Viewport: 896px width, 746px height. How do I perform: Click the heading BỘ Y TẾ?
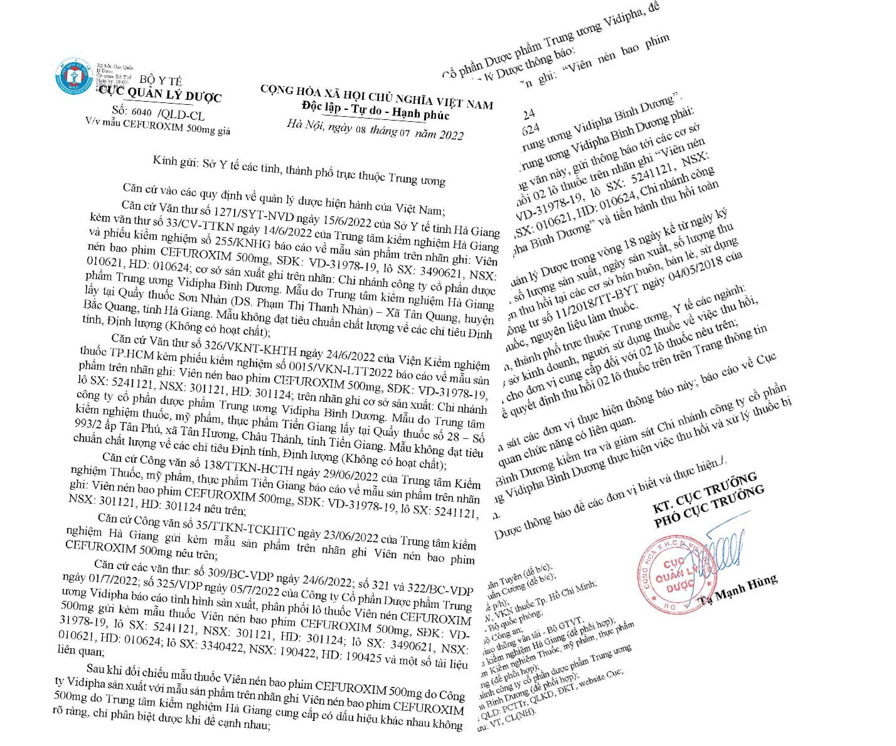pos(161,80)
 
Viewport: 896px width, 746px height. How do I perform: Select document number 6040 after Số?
pos(141,112)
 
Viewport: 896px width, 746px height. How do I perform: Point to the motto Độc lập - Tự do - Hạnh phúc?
pos(375,111)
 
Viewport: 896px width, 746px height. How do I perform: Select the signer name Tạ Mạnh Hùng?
pos(739,590)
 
